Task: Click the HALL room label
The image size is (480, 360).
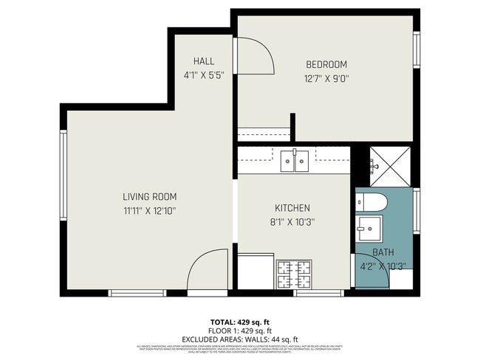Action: [204, 60]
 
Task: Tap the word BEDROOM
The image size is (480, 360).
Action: [325, 64]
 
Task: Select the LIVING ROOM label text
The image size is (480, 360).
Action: [149, 197]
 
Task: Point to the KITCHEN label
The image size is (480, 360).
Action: [292, 208]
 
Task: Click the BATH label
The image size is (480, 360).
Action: [383, 252]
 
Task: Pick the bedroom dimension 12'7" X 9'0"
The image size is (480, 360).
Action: [325, 78]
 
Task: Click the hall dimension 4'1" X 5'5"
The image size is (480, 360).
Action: [204, 75]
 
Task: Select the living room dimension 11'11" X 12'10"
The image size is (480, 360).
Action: [149, 211]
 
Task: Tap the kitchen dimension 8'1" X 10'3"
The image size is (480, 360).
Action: [292, 222]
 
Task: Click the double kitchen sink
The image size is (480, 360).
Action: [295, 161]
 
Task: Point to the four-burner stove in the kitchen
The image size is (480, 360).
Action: [295, 275]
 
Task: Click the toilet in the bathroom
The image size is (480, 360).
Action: [370, 201]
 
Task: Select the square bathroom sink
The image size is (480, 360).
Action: [368, 227]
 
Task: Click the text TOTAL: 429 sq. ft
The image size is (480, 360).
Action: [239, 322]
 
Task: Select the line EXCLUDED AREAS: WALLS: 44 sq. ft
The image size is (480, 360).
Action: [239, 339]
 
